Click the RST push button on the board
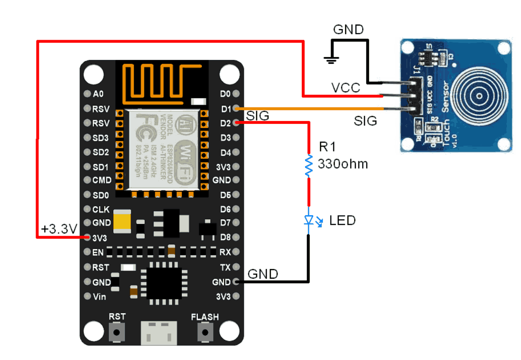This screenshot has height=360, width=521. tap(117, 332)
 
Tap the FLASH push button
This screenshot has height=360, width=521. tap(205, 332)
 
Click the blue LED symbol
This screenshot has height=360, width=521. tap(309, 221)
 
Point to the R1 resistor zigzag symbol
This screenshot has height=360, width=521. tap(309, 165)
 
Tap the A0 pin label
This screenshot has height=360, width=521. tap(98, 94)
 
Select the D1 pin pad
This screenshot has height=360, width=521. tap(236, 108)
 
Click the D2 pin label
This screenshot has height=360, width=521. tap(226, 123)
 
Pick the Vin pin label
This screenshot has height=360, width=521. tap(99, 296)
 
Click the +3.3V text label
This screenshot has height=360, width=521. tap(59, 229)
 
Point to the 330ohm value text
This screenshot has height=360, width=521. tap(342, 164)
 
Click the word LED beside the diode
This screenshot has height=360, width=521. tap(342, 220)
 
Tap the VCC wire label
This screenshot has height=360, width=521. tap(345, 87)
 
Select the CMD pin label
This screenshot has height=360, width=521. tap(102, 180)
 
